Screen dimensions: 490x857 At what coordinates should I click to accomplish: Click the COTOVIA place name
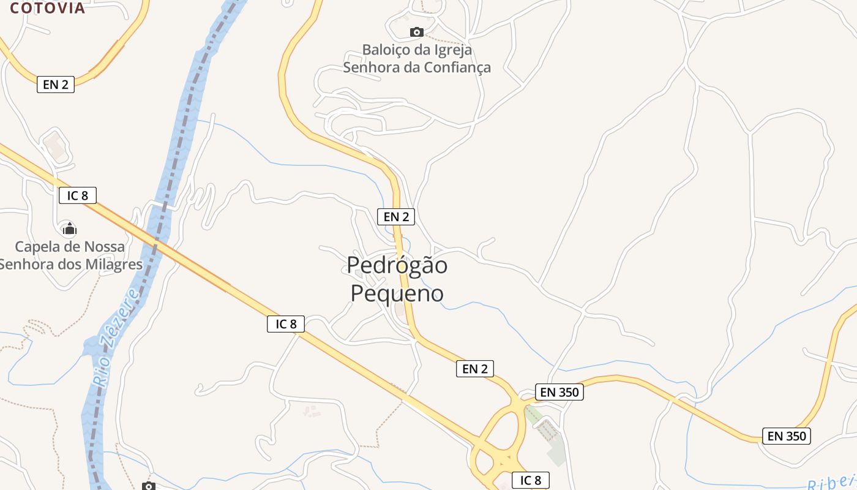coord(48,8)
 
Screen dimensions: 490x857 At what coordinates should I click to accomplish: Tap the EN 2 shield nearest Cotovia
coord(56,85)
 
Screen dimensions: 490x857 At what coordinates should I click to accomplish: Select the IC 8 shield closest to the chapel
coord(78,195)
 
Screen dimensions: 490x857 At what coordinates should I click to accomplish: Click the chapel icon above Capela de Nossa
coord(69,229)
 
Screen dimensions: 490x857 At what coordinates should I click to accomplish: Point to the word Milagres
coord(113,265)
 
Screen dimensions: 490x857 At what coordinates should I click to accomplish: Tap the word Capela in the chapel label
coord(38,247)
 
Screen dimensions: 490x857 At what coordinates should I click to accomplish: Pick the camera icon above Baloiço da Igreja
coord(416,32)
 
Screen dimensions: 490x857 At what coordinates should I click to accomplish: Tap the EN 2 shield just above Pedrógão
coord(396,216)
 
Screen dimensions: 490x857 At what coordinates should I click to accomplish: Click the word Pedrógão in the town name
coord(397,265)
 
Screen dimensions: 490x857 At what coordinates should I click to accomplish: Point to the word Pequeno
coord(397,293)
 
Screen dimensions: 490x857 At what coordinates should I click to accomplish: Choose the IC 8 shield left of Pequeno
coord(286,324)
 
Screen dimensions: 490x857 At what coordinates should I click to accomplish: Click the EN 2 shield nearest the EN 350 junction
coord(475,369)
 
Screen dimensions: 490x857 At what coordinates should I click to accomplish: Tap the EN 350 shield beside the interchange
coord(559,392)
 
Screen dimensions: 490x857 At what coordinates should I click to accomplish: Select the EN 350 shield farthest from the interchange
coord(787,436)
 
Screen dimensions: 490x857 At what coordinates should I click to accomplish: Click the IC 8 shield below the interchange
coord(531,480)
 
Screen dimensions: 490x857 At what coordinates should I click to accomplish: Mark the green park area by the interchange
coord(556,453)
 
